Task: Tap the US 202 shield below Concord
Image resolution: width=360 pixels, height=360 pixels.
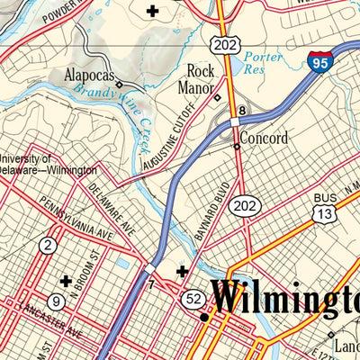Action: coord(239,207)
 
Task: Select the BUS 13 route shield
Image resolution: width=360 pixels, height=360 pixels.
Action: coord(324,212)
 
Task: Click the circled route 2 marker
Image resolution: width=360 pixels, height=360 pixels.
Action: coord(48,244)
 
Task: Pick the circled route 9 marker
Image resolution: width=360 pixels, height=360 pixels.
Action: coord(57,301)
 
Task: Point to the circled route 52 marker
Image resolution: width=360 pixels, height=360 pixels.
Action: coord(192,297)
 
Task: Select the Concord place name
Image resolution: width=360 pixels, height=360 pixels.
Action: coord(265,139)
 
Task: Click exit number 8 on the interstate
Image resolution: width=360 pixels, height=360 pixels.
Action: coord(241,110)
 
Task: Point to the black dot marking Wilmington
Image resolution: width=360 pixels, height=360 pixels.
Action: coord(204,318)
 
